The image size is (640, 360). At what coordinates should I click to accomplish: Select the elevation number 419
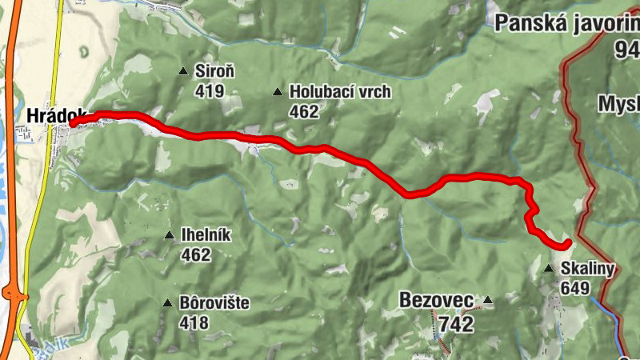(x=210, y=90)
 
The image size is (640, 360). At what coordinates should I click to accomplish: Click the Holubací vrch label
(x=340, y=91)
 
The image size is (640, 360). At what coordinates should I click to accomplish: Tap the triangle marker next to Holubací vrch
(x=278, y=92)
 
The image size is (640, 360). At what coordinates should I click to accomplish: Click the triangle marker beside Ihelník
(x=169, y=235)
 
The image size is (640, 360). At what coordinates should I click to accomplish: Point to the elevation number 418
(x=194, y=322)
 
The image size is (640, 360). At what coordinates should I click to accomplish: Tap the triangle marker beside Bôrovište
(x=167, y=303)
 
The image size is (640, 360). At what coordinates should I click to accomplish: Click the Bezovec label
(x=436, y=301)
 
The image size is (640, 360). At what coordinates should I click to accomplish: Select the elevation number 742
(x=456, y=324)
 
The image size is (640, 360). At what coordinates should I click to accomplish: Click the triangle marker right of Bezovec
(x=487, y=301)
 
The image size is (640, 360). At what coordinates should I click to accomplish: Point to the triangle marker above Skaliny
(x=549, y=269)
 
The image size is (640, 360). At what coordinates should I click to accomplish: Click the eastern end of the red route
(x=567, y=242)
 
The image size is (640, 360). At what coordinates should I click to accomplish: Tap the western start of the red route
(x=73, y=124)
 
